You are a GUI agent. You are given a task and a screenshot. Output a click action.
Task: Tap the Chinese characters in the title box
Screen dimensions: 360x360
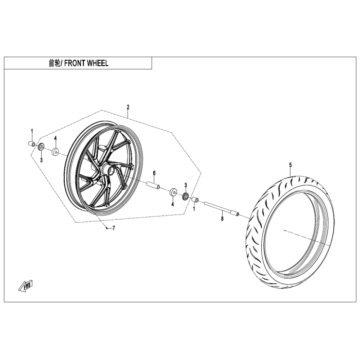[x=53, y=63]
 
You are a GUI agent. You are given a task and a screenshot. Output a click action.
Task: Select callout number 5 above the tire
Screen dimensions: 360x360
[x=290, y=165]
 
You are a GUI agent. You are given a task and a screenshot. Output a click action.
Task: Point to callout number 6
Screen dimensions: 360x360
[x=153, y=173]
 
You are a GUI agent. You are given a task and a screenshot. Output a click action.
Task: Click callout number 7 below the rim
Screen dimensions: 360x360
[x=114, y=228]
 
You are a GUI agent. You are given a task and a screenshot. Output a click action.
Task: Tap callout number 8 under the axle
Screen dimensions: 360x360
[x=222, y=219]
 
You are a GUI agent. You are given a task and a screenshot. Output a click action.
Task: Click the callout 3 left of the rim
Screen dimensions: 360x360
[x=42, y=160]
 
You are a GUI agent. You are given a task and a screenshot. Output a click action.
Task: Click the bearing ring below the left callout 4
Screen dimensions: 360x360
[x=55, y=152]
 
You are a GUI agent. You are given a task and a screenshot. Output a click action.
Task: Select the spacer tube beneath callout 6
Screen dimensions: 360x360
[x=153, y=185]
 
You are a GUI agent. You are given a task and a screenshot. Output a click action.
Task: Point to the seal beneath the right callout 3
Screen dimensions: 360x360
[x=186, y=196]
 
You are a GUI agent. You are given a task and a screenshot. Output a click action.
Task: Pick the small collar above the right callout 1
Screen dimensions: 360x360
[x=194, y=199]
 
